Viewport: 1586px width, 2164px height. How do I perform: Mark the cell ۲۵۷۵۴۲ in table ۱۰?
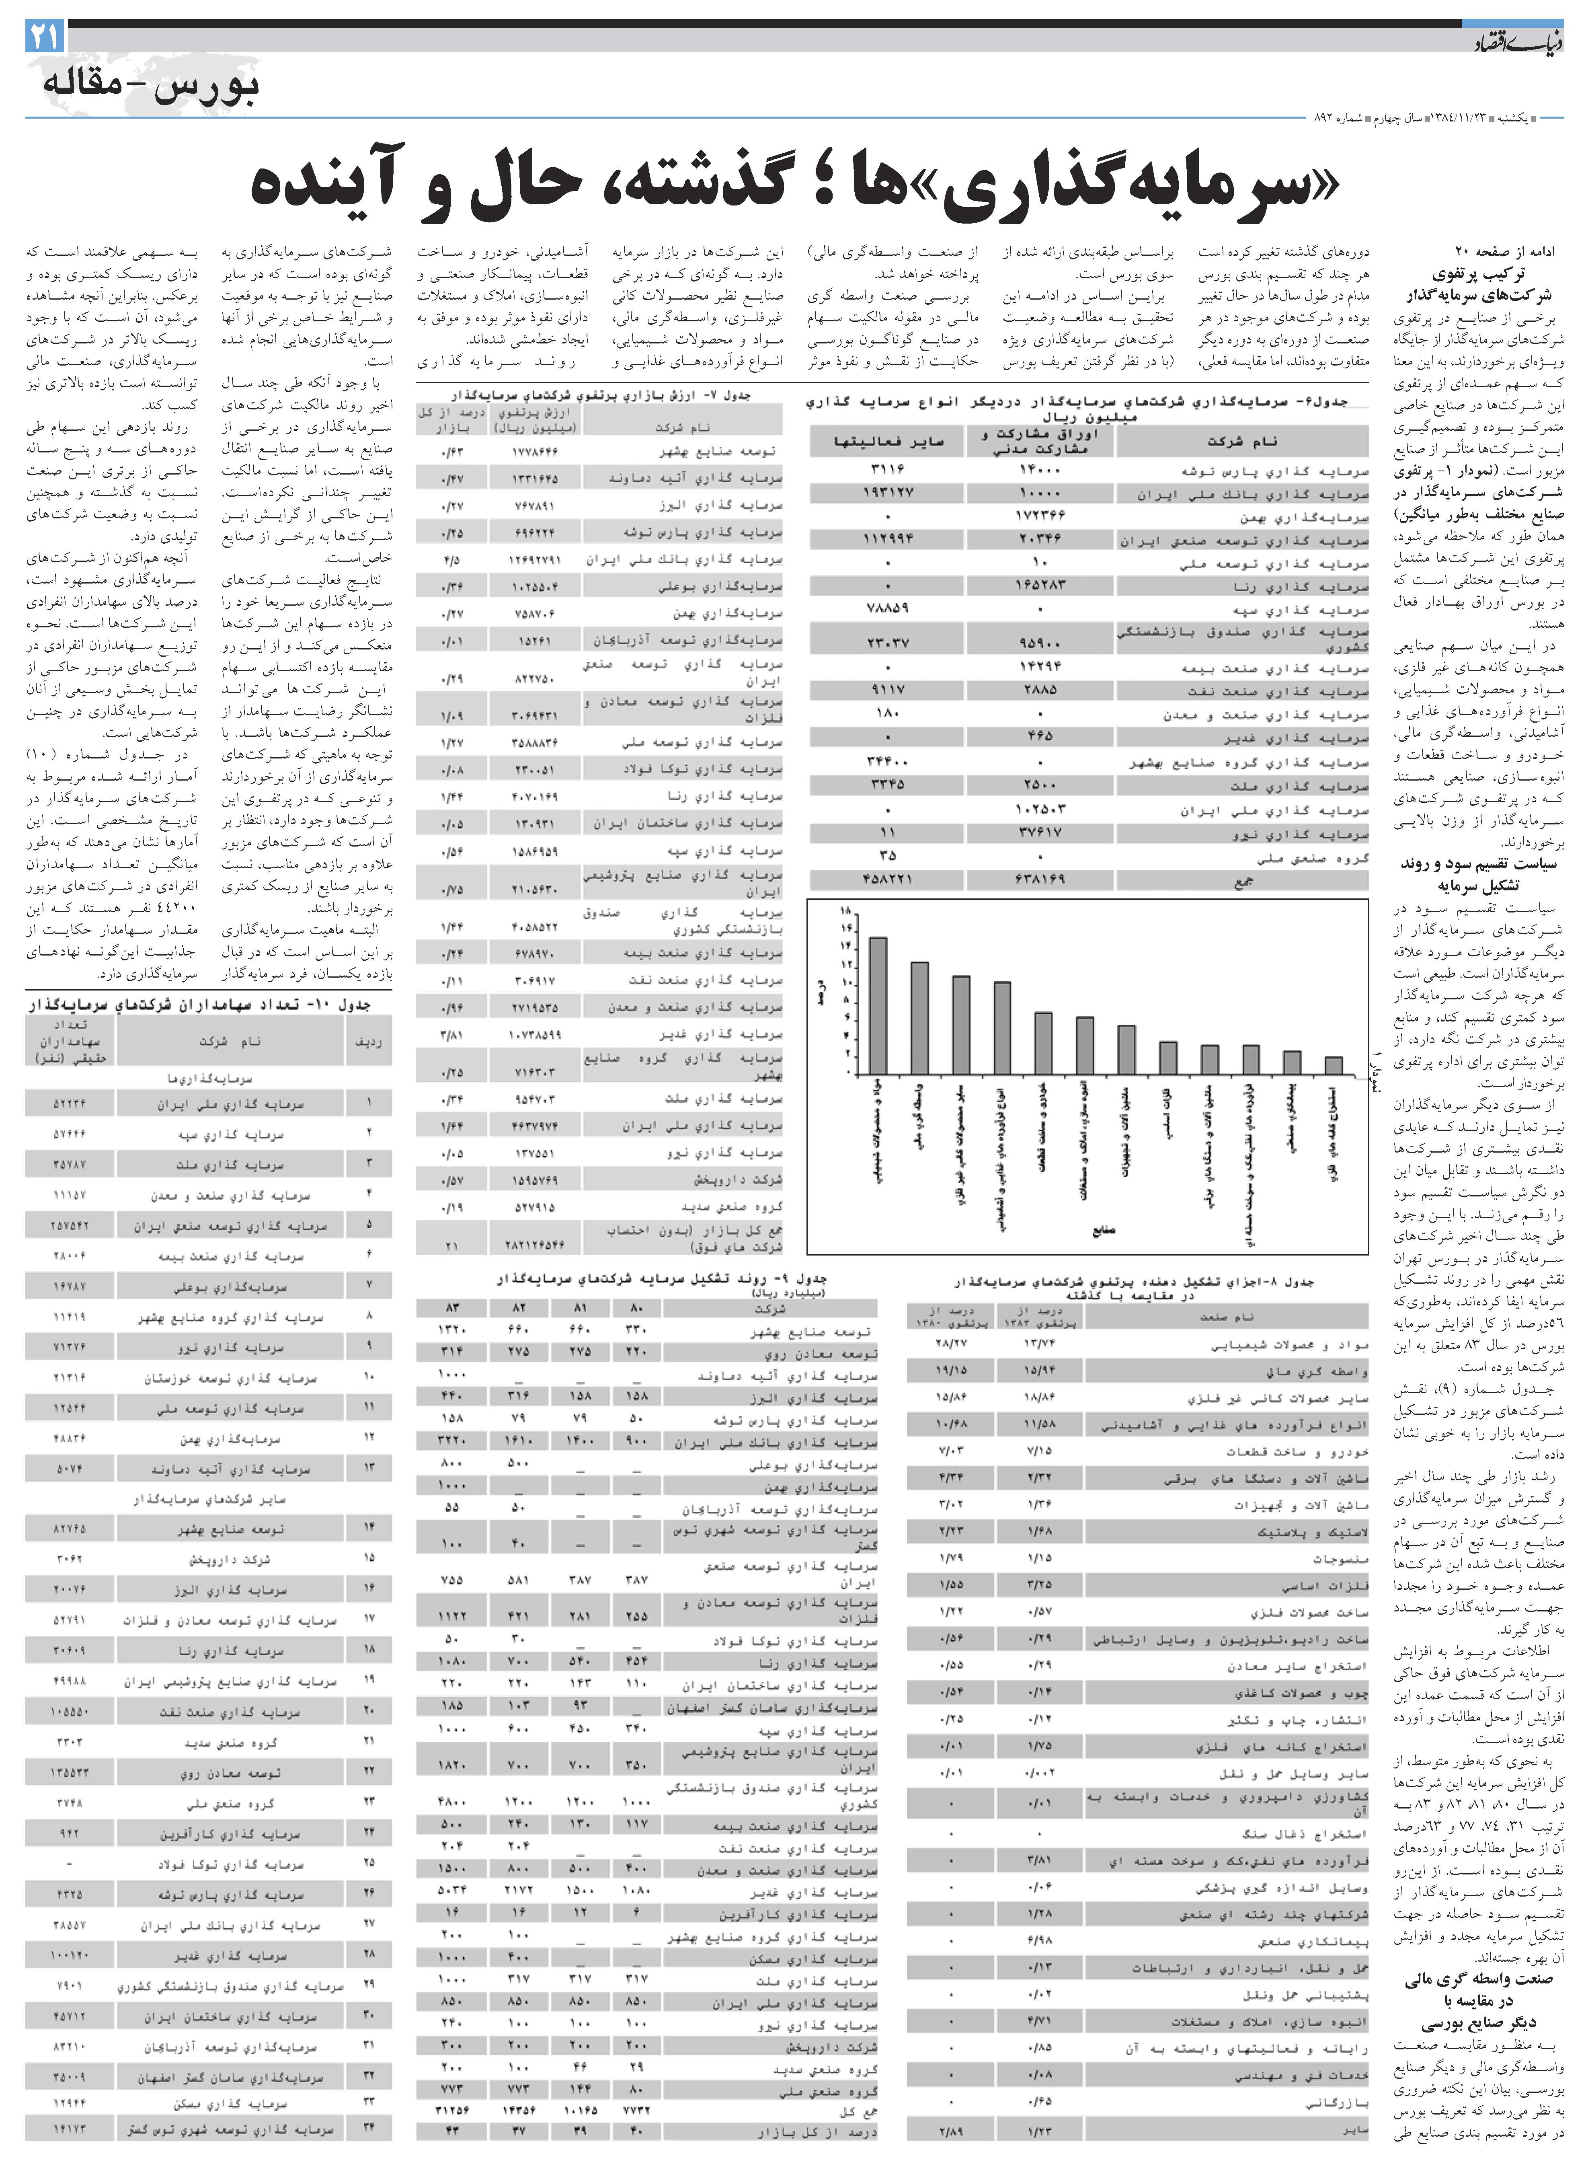[x=69, y=1226]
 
